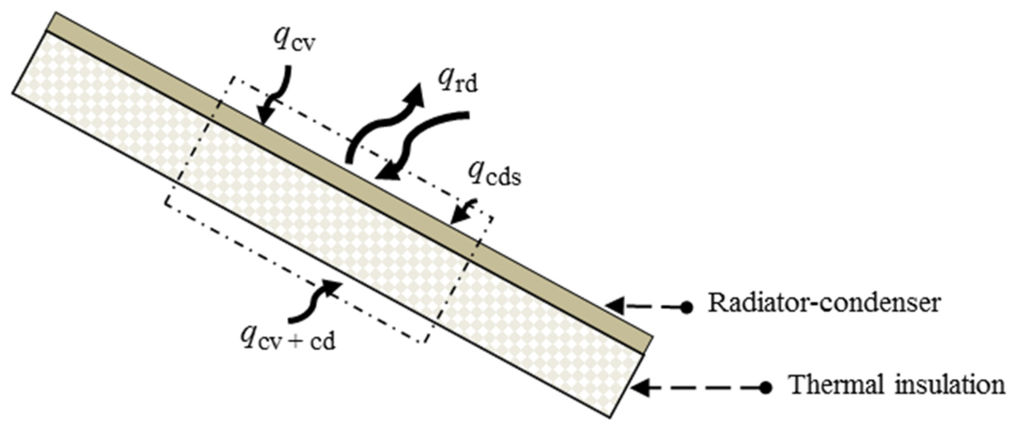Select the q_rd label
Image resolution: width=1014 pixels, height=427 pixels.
point(457,82)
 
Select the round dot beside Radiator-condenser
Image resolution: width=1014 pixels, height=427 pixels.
point(686,307)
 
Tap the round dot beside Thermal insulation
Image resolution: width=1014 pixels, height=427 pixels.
point(766,388)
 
